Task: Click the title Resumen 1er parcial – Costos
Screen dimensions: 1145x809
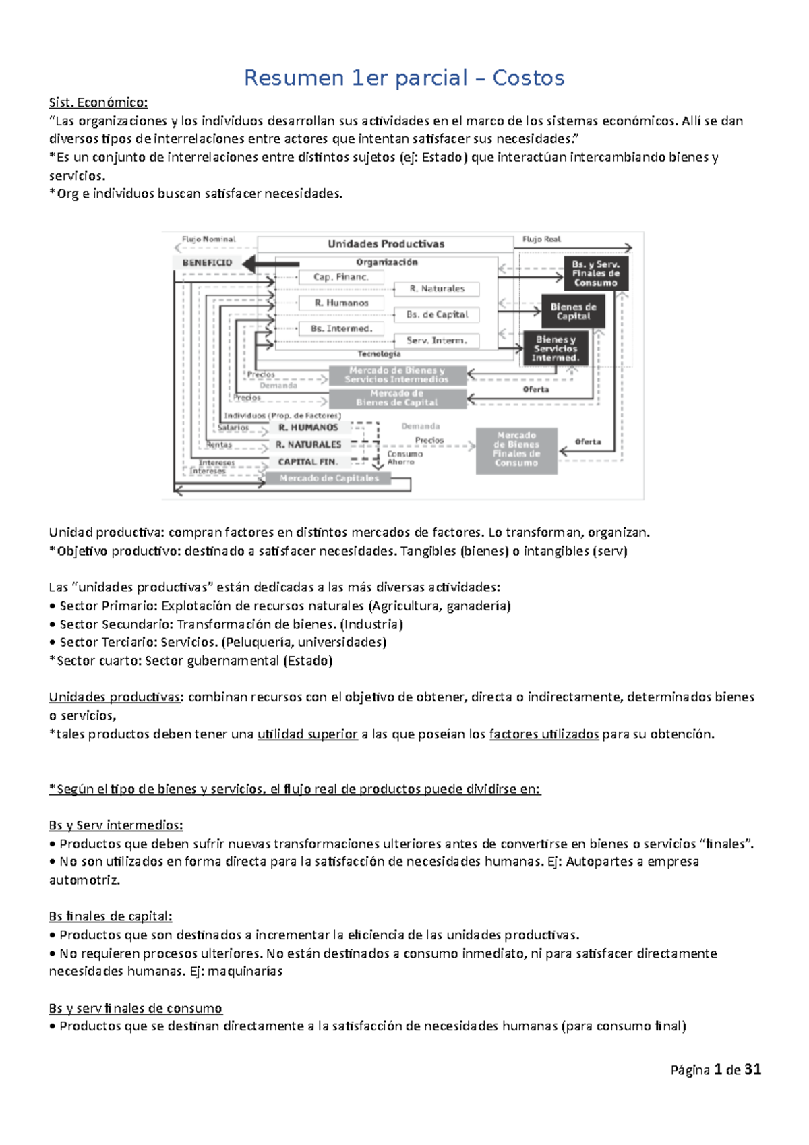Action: click(x=404, y=78)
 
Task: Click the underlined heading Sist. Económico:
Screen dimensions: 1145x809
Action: click(x=98, y=102)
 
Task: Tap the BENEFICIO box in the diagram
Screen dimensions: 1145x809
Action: click(x=207, y=263)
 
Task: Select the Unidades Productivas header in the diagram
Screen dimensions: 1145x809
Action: click(x=386, y=244)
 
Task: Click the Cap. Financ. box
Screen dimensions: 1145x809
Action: click(x=340, y=277)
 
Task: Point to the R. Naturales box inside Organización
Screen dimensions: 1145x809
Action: click(x=437, y=289)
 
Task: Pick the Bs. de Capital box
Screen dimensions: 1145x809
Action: click(x=437, y=315)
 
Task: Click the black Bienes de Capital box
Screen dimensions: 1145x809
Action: click(x=573, y=312)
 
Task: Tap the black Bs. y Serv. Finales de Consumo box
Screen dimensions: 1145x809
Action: click(x=595, y=273)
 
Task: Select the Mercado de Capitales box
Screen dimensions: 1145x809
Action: click(x=329, y=478)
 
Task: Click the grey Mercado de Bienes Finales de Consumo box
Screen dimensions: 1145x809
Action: click(x=516, y=449)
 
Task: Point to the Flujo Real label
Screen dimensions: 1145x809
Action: click(x=541, y=239)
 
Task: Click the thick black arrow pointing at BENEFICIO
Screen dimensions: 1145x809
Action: click(x=270, y=264)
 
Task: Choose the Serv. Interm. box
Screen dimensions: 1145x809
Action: click(x=437, y=341)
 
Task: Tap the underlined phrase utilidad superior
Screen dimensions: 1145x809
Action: click(x=307, y=734)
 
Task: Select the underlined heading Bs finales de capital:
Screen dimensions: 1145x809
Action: click(x=110, y=916)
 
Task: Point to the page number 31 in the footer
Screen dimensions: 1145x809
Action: click(x=753, y=1069)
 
